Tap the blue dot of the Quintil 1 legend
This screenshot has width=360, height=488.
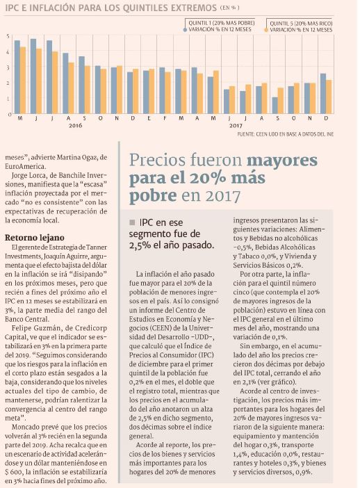(185, 30)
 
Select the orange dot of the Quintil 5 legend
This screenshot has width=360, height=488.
(266, 30)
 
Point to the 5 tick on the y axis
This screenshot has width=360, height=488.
(8, 36)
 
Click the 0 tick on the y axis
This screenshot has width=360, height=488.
(10, 115)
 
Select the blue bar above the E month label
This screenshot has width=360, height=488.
(146, 92)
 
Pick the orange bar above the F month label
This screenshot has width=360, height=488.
(167, 92)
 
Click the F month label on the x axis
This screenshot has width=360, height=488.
(165, 119)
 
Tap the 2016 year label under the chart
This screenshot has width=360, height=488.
(75, 125)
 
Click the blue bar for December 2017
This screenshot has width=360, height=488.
(323, 93)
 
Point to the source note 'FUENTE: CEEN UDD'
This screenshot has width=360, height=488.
(286, 134)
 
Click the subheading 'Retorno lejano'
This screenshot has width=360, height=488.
(35, 238)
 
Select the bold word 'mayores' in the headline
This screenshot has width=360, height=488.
(282, 161)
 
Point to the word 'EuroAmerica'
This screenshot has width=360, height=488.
(26, 166)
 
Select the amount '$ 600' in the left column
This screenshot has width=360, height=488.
(13, 471)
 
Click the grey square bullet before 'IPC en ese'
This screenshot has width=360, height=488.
(132, 222)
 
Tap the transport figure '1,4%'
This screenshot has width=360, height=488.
(240, 454)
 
